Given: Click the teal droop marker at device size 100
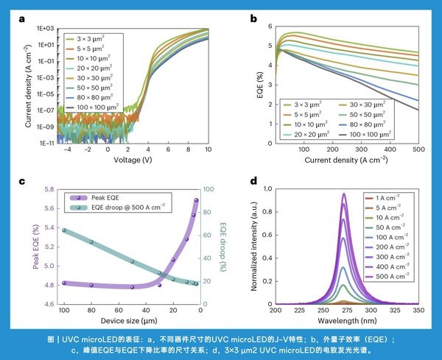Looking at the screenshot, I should coord(64,230).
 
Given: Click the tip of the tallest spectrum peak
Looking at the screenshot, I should coord(343,194).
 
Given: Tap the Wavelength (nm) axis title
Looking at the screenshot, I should coord(342,320).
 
